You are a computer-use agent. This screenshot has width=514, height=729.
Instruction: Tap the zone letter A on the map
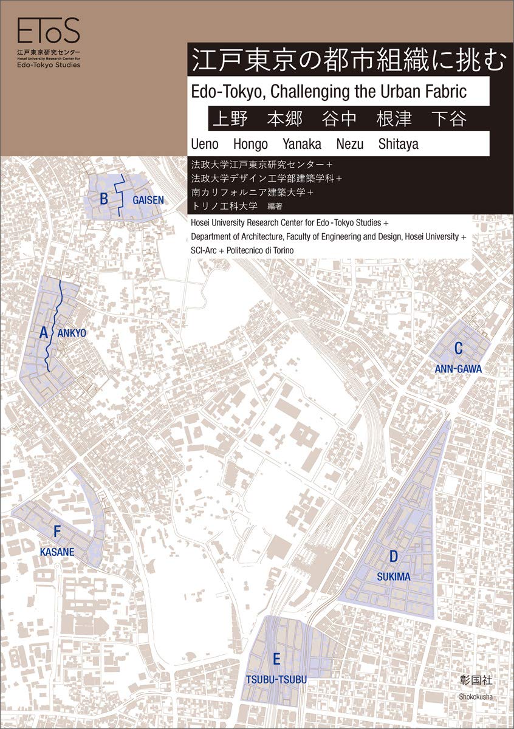pyautogui.click(x=44, y=332)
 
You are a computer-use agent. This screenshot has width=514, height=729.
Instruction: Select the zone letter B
pyautogui.click(x=104, y=198)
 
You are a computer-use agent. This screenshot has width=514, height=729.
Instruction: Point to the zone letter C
pyautogui.click(x=459, y=348)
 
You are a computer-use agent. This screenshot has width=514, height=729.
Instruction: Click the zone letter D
pyautogui.click(x=393, y=556)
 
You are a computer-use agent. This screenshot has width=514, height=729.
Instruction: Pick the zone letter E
pyautogui.click(x=276, y=659)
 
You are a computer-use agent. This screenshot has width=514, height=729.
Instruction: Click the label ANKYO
pyautogui.click(x=72, y=333)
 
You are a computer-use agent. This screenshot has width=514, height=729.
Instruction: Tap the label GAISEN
pyautogui.click(x=148, y=199)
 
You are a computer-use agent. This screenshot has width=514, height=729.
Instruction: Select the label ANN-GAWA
pyautogui.click(x=459, y=369)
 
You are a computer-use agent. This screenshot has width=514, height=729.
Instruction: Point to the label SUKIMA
pyautogui.click(x=393, y=577)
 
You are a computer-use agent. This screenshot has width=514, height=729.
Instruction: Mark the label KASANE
pyautogui.click(x=57, y=552)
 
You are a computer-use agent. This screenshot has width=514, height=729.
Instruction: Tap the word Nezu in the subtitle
pyautogui.click(x=351, y=145)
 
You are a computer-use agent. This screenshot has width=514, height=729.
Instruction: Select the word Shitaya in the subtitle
pyautogui.click(x=398, y=145)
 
